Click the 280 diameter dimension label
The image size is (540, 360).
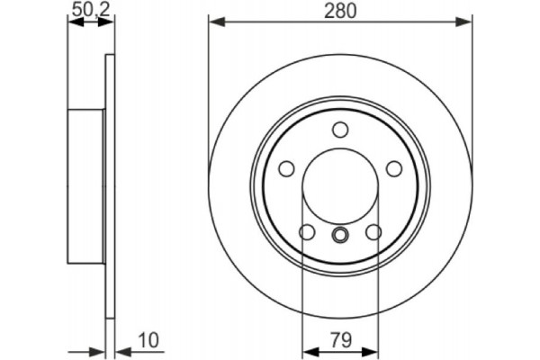[340, 11]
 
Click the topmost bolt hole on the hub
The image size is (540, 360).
[340, 129]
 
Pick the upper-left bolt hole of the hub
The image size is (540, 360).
[286, 168]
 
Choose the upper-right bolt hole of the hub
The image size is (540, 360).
[393, 168]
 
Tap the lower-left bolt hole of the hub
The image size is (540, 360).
[307, 232]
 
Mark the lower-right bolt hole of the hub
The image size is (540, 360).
[373, 232]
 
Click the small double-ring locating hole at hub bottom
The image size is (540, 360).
[340, 236]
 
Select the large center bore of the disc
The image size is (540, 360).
[340, 185]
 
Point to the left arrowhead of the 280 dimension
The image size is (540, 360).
[214, 20]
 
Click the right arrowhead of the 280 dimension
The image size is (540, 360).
[466, 20]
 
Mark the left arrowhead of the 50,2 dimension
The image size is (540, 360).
[74, 20]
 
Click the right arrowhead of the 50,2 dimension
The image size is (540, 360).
[110, 20]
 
